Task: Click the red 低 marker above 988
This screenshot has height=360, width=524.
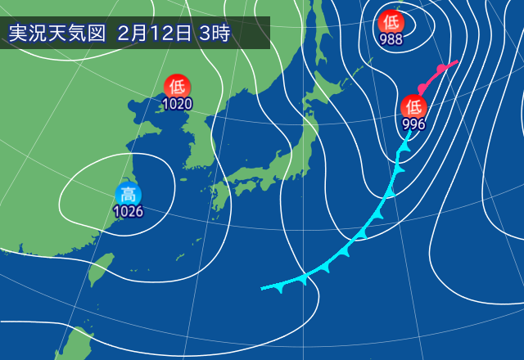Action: tap(391, 20)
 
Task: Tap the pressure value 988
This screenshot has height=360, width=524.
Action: tap(391, 38)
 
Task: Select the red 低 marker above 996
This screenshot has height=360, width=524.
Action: tap(413, 106)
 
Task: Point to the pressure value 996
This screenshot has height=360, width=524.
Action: tap(413, 124)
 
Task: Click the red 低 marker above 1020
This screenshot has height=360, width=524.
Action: tap(177, 86)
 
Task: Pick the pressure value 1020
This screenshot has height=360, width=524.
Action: tap(177, 104)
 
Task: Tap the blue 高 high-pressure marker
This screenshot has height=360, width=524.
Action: tap(128, 195)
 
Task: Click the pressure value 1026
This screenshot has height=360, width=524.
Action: tap(128, 212)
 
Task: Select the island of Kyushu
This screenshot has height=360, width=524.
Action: tap(219, 197)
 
